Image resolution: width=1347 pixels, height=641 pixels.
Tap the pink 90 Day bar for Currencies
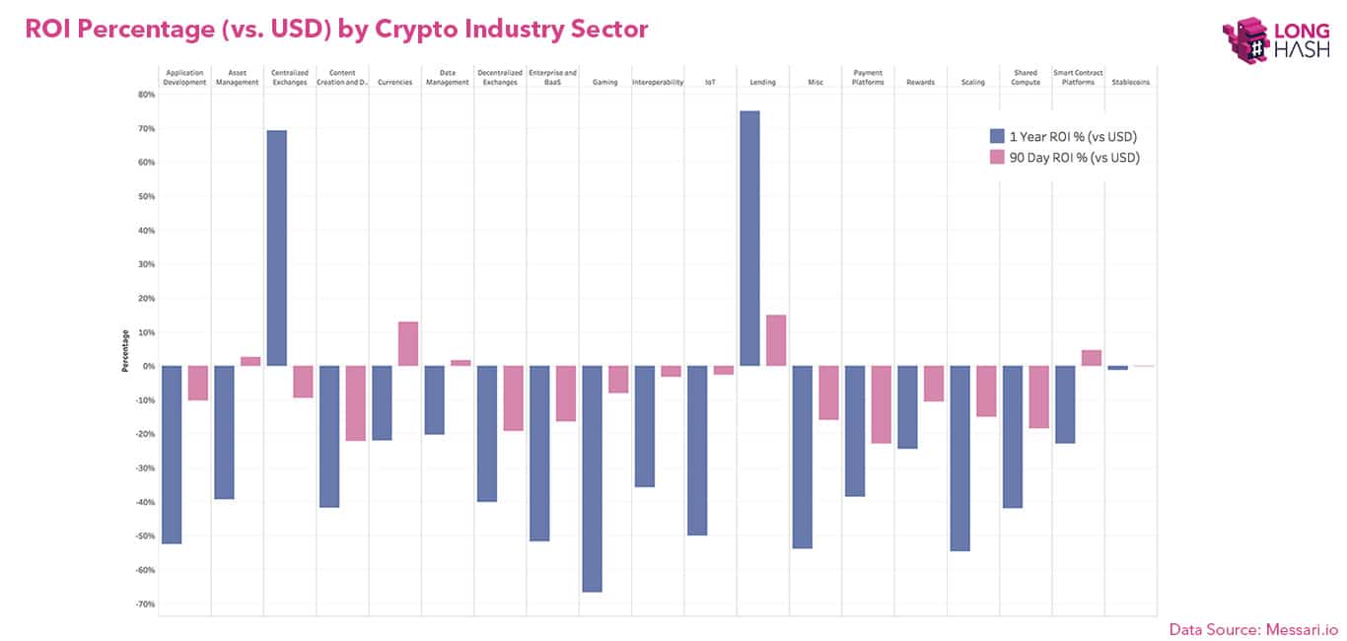[x=407, y=344]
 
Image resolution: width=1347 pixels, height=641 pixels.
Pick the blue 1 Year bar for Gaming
[x=592, y=478]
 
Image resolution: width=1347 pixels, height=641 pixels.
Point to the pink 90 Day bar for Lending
[x=775, y=340]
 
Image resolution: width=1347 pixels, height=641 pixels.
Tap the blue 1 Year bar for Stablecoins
[x=1117, y=368]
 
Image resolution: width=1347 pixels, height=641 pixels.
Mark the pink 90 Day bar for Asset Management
[x=250, y=361]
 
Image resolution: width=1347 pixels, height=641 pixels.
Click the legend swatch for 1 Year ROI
[x=997, y=137]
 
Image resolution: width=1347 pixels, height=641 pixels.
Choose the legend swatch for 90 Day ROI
[x=997, y=157]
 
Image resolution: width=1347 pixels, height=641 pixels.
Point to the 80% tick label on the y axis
[x=146, y=95]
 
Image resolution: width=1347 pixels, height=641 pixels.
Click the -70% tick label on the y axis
[x=145, y=605]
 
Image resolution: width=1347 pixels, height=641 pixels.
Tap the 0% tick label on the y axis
[x=149, y=366]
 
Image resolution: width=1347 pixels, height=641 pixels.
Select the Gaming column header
[x=604, y=82]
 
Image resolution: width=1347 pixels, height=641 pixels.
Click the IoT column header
[x=710, y=82]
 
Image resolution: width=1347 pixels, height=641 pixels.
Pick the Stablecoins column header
[x=1130, y=82]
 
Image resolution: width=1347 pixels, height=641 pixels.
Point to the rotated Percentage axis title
[x=125, y=351]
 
